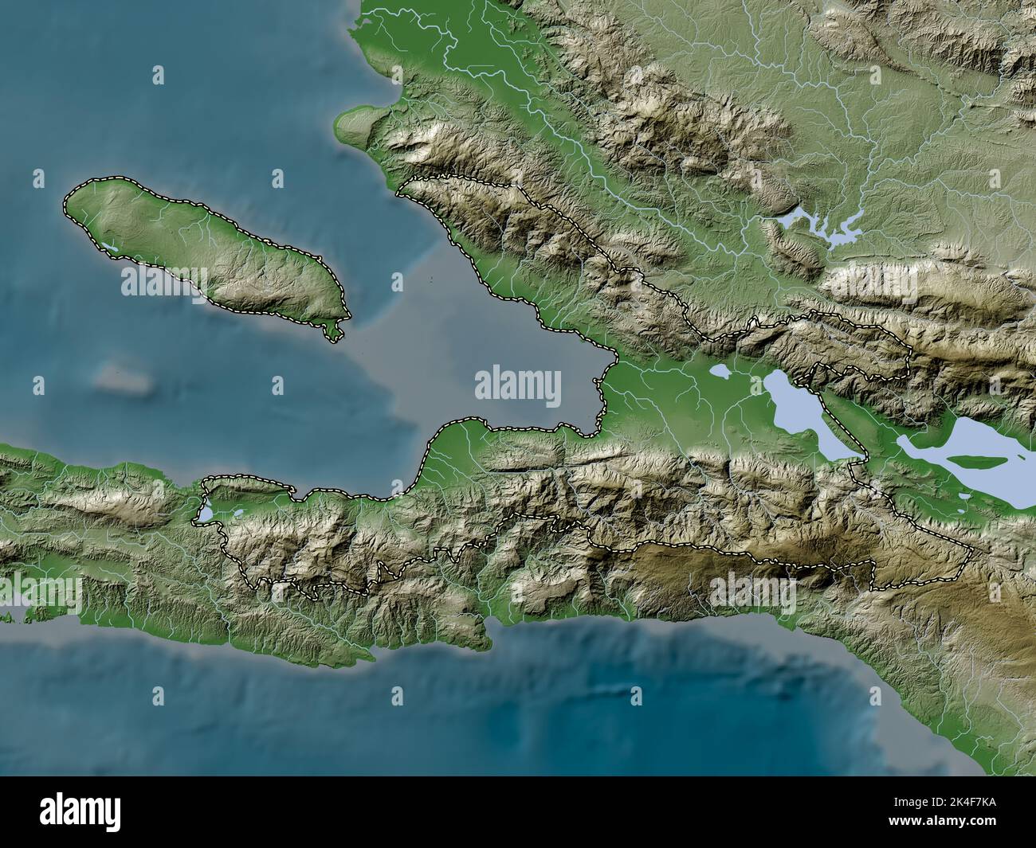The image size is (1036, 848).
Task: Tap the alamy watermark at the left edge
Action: [x=40, y=592]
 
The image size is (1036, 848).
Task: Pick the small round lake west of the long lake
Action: [x=720, y=371]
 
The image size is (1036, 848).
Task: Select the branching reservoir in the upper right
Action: [x=821, y=226]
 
